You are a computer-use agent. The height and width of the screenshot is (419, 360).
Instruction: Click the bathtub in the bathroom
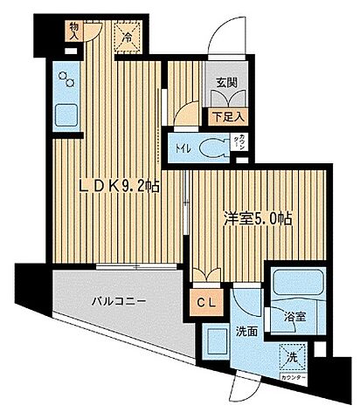click(x=295, y=285)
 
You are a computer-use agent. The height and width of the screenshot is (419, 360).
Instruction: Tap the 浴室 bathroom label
click(x=295, y=319)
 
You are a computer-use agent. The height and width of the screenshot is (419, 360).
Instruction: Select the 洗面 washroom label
click(x=245, y=333)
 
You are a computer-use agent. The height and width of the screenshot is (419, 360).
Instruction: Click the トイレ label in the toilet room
click(x=181, y=147)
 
